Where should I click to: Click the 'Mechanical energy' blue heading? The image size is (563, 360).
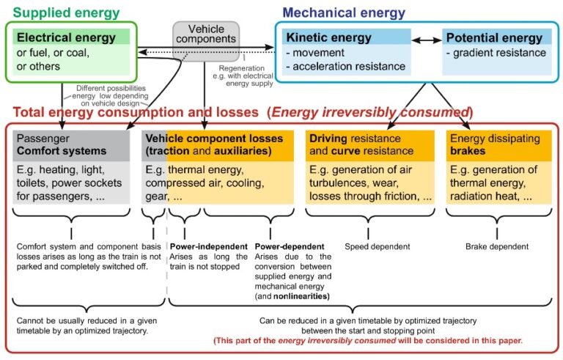[x=343, y=12]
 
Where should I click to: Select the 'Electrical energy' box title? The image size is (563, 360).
[x=66, y=37]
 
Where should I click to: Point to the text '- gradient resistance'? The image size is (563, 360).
[x=496, y=53]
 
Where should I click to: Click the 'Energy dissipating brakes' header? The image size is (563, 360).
[x=498, y=145]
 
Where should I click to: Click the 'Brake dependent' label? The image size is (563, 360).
[x=497, y=246]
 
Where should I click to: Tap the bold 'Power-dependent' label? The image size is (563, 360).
[x=290, y=246]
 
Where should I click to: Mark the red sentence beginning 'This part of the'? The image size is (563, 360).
[x=367, y=341]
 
